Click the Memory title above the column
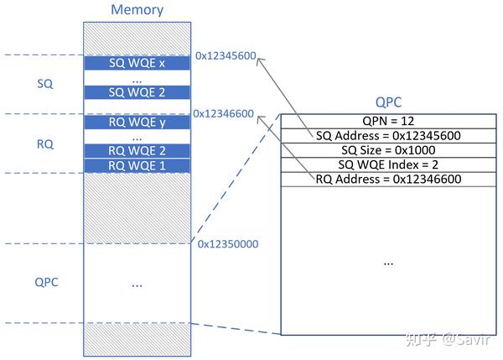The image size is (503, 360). [137, 11]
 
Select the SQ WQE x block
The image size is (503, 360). [137, 64]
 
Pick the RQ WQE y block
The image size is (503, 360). [137, 123]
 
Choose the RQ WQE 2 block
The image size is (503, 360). [137, 151]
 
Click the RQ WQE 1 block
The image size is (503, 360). [137, 165]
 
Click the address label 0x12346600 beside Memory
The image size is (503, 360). [224, 114]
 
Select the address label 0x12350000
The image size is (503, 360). [228, 244]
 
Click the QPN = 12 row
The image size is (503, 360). [388, 120]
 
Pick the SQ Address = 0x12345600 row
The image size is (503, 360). [388, 135]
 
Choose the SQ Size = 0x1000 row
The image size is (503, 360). [388, 149]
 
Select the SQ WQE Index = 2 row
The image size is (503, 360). [388, 164]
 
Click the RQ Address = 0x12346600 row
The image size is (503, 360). [388, 179]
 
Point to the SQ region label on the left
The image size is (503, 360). [45, 85]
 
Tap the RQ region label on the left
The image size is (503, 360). [45, 144]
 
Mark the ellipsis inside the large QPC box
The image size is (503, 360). [388, 263]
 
